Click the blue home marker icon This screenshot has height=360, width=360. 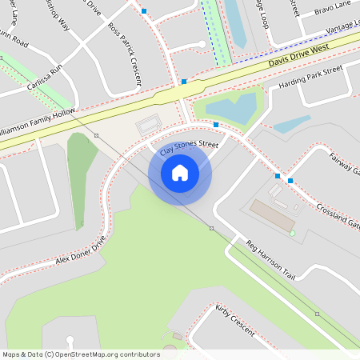pyautogui.click(x=180, y=172)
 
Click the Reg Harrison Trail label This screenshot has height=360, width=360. pyautogui.click(x=270, y=259)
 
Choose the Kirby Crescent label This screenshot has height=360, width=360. pyautogui.click(x=234, y=320)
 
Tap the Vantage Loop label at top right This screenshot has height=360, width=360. pyautogui.click(x=342, y=28)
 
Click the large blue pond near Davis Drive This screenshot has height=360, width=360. pyautogui.click(x=232, y=107)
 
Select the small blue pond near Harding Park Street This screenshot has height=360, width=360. pyautogui.click(x=292, y=124)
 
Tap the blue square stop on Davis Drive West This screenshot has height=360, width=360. pyautogui.click(x=184, y=82)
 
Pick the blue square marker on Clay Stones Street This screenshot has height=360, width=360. pyautogui.click(x=216, y=125)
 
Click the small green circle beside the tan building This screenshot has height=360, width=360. pyautogui.click(x=292, y=233)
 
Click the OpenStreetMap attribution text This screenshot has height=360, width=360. pyautogui.click(x=80, y=354)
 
